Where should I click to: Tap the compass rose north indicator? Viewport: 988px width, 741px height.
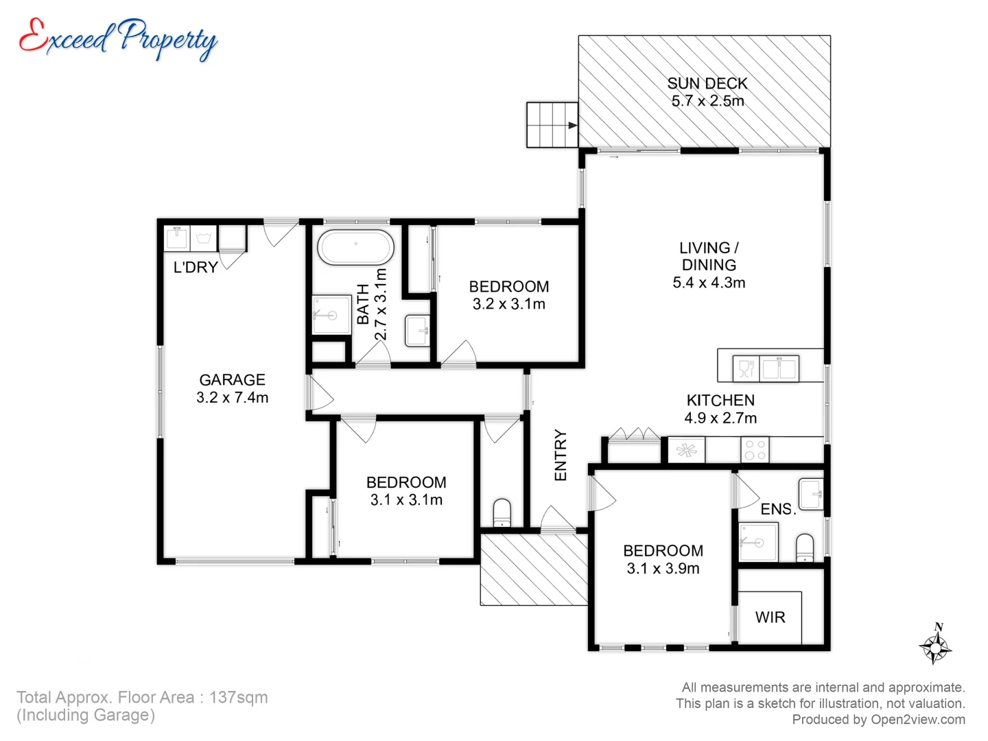click(x=935, y=645)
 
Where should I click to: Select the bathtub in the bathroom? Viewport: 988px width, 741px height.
click(x=355, y=248)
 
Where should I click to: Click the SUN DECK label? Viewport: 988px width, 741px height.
click(x=707, y=92)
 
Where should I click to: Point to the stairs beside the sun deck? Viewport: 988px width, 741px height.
click(x=552, y=125)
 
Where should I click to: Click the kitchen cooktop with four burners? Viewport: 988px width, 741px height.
click(x=755, y=450)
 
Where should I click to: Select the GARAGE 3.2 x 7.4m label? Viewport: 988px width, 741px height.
click(x=232, y=388)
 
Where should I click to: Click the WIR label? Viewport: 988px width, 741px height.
click(x=770, y=617)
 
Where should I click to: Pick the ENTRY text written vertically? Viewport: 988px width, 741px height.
click(x=561, y=455)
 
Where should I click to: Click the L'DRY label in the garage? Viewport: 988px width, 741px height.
click(x=195, y=268)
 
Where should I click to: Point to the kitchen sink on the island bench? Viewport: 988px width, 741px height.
click(x=779, y=368)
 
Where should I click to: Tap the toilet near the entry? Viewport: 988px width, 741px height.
click(x=502, y=513)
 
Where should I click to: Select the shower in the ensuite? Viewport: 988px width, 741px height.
click(x=758, y=542)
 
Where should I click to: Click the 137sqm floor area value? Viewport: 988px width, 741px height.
click(x=238, y=698)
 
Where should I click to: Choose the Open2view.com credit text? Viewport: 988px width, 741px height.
click(x=917, y=720)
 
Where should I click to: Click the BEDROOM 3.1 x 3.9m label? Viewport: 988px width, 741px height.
click(x=663, y=559)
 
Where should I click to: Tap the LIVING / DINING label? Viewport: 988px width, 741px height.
click(x=709, y=265)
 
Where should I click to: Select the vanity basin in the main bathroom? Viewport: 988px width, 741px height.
click(x=417, y=331)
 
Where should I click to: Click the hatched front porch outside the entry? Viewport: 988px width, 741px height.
click(x=533, y=570)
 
